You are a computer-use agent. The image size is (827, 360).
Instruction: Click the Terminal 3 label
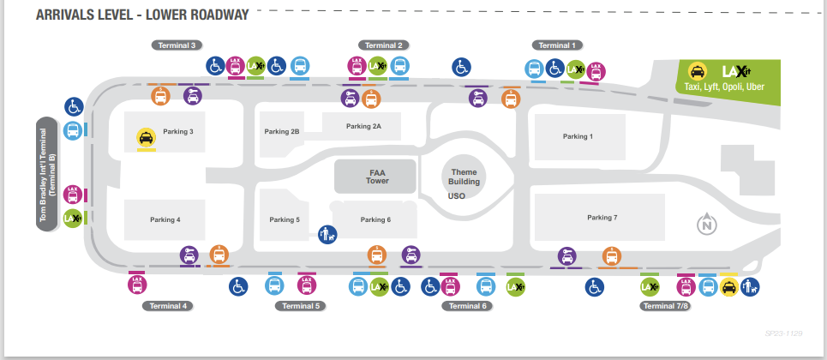[177, 45]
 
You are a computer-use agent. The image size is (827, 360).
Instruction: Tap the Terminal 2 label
[383, 45]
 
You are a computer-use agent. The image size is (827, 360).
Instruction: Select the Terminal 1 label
[557, 45]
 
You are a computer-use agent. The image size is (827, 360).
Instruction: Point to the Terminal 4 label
[166, 306]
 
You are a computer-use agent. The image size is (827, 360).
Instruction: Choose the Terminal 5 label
[300, 306]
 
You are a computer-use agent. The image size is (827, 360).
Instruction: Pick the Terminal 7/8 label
[665, 306]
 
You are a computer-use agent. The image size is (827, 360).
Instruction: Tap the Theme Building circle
[464, 177]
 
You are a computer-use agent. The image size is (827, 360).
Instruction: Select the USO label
[456, 196]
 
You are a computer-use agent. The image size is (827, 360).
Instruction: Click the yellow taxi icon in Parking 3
[145, 137]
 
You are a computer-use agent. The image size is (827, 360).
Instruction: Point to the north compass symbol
[707, 225]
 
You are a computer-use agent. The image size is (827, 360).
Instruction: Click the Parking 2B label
[282, 132]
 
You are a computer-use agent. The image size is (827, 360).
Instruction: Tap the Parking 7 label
[602, 218]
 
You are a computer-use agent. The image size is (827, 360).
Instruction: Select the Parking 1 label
[578, 136]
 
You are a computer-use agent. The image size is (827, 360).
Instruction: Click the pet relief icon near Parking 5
[327, 232]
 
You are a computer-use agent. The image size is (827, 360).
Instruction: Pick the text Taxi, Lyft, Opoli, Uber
[724, 87]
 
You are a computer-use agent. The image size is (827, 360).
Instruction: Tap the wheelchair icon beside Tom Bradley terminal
[74, 107]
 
